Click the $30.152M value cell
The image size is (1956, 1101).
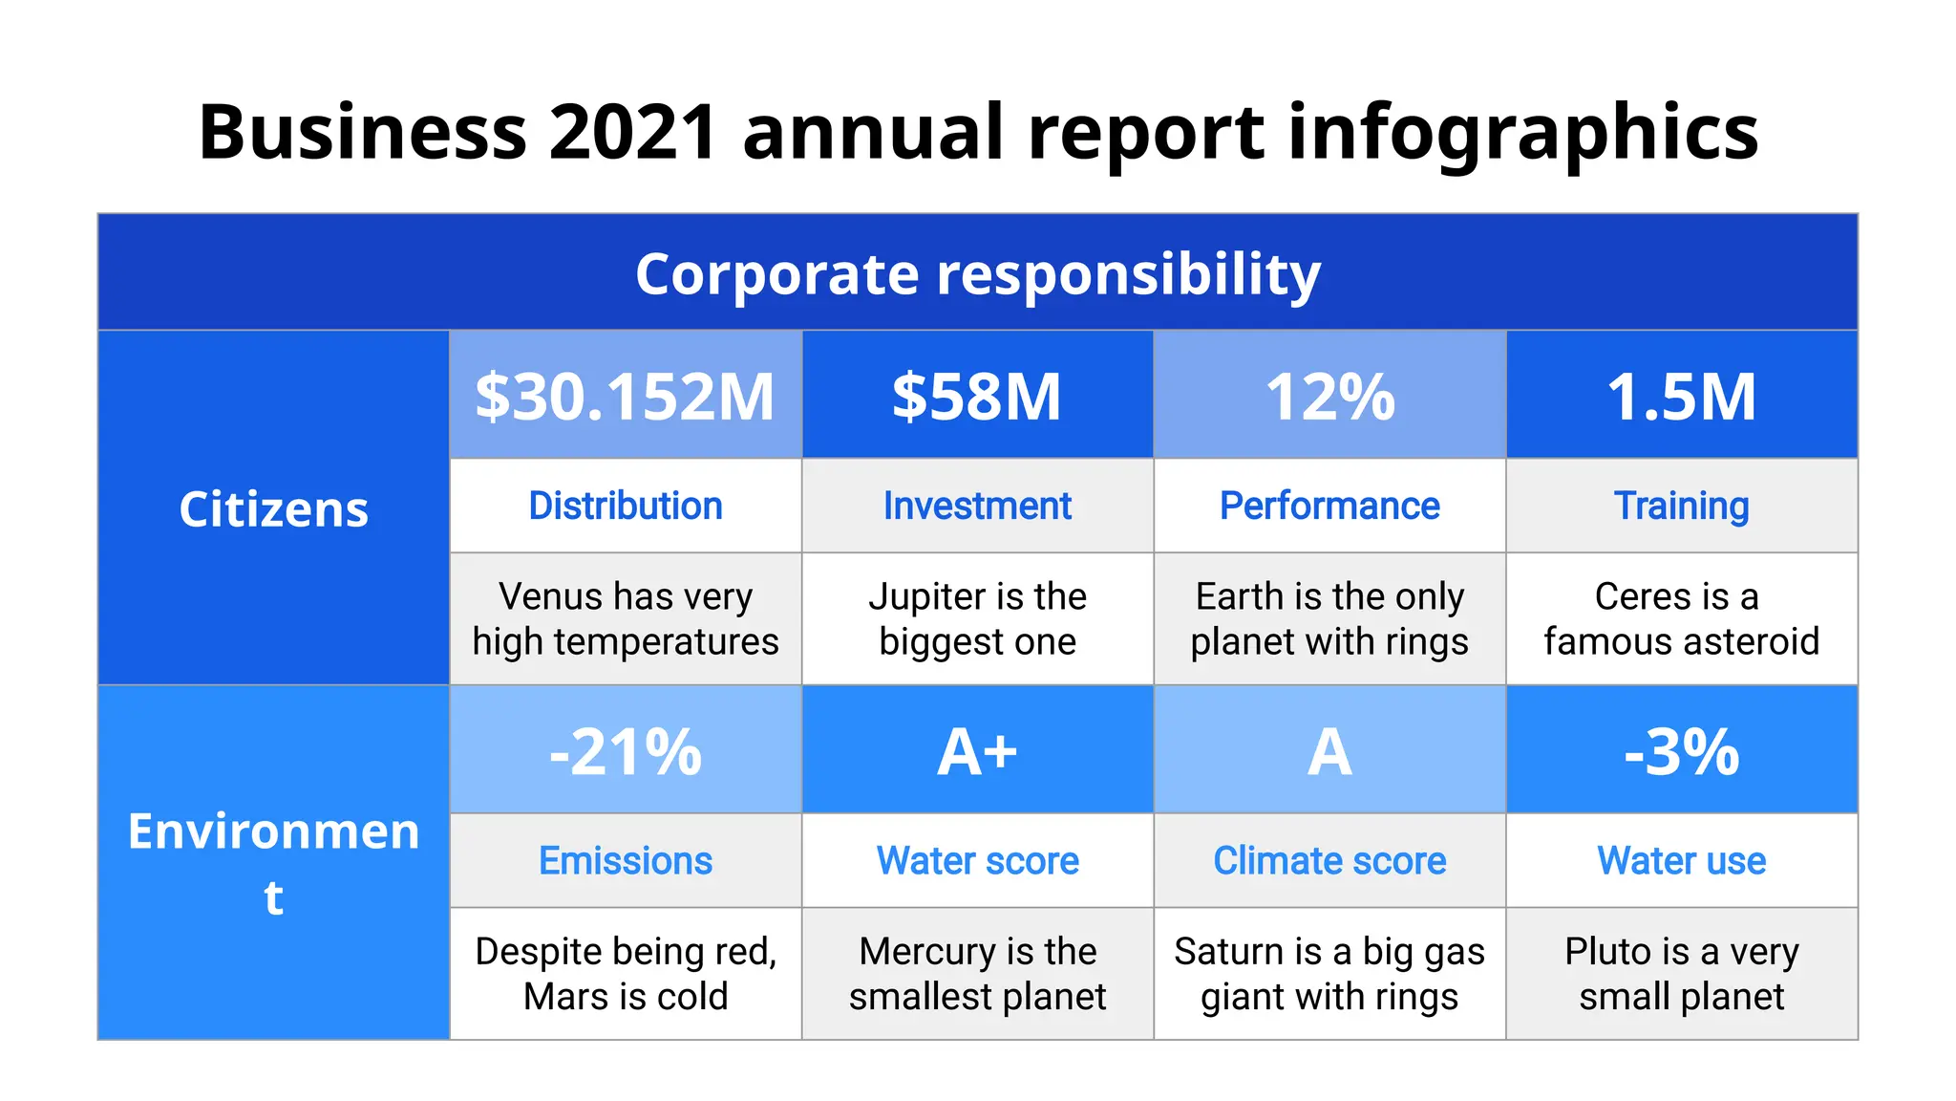(x=625, y=397)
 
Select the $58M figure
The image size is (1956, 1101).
(x=977, y=397)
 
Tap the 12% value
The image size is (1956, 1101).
(x=1329, y=397)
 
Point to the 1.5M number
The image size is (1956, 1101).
(x=1681, y=397)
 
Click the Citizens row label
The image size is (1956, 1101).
(x=273, y=508)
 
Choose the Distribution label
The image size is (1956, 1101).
(x=625, y=506)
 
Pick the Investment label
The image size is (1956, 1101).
(x=977, y=506)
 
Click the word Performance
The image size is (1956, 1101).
(x=1329, y=506)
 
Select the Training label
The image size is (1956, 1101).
(x=1681, y=506)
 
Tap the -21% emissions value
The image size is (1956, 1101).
(x=625, y=751)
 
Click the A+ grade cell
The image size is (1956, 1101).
(x=977, y=751)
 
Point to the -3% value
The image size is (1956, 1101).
(x=1681, y=751)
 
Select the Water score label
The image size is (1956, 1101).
(x=977, y=860)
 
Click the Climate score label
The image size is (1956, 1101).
(x=1329, y=860)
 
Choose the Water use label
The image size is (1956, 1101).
(x=1681, y=860)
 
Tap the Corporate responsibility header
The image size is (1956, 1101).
(x=977, y=273)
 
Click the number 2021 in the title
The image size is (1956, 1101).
(x=632, y=132)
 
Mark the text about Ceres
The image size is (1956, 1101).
(x=1681, y=618)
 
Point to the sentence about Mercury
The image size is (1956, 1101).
(x=977, y=973)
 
